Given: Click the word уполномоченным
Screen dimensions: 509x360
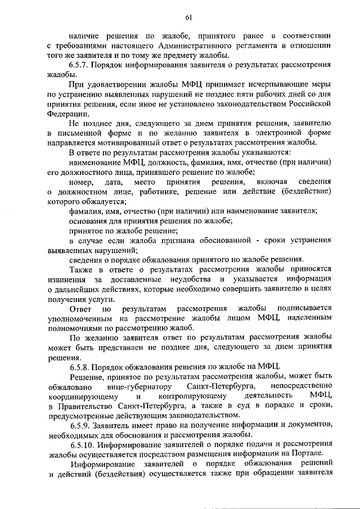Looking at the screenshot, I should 80,318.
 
